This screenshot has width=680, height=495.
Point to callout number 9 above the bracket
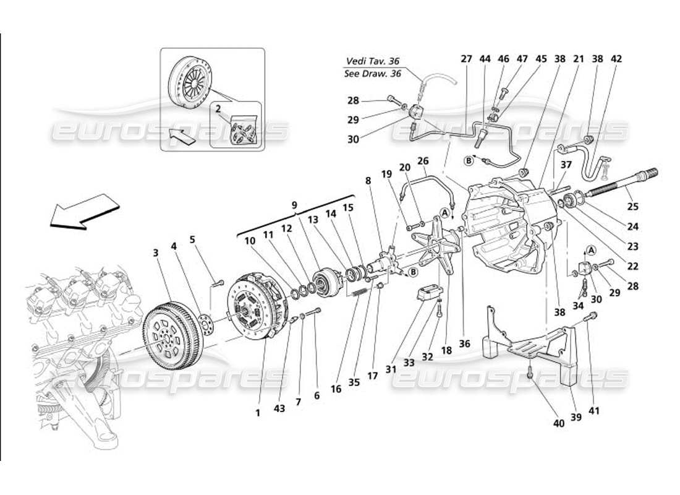(x=294, y=205)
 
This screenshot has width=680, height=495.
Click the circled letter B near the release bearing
(x=413, y=272)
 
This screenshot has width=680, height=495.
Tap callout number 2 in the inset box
(x=218, y=108)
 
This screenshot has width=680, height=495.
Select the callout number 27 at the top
(x=465, y=59)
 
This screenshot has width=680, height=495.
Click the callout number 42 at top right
(x=616, y=59)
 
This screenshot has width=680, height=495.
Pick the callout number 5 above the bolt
(x=192, y=239)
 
